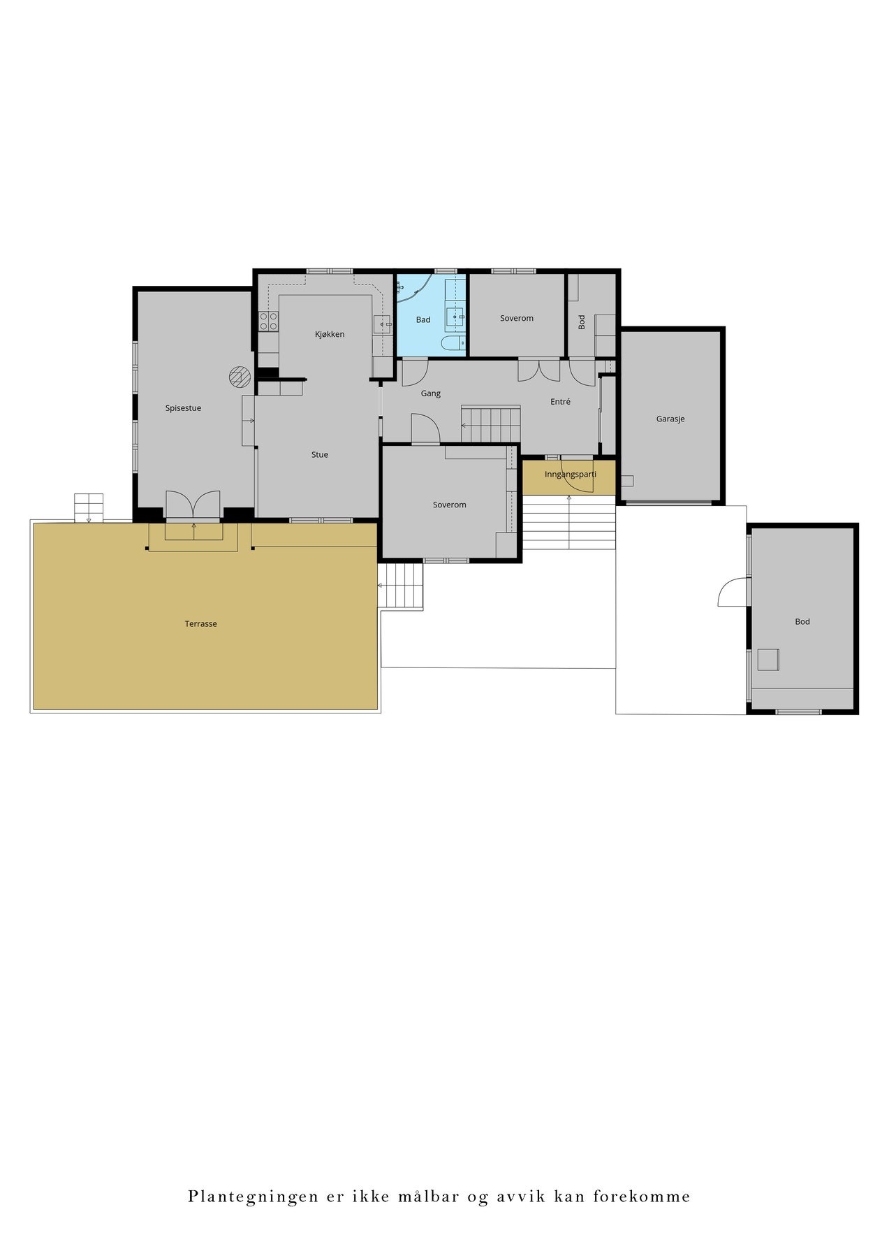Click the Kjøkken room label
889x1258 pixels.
[330, 334]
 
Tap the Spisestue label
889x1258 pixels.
[183, 408]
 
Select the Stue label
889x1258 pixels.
[319, 454]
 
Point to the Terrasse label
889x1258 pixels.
[200, 624]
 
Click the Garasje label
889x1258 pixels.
[670, 419]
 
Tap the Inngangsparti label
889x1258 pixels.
[570, 475]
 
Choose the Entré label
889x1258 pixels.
[560, 402]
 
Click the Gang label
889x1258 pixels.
[430, 393]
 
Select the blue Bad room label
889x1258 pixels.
[423, 320]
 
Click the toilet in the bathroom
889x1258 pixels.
[453, 343]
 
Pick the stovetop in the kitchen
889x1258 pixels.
[269, 321]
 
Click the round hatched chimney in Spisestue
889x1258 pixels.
[239, 377]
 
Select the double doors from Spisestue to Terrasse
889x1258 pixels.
[193, 505]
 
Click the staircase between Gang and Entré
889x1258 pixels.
[490, 424]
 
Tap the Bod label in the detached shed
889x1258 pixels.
[802, 622]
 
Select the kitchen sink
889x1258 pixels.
[383, 323]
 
